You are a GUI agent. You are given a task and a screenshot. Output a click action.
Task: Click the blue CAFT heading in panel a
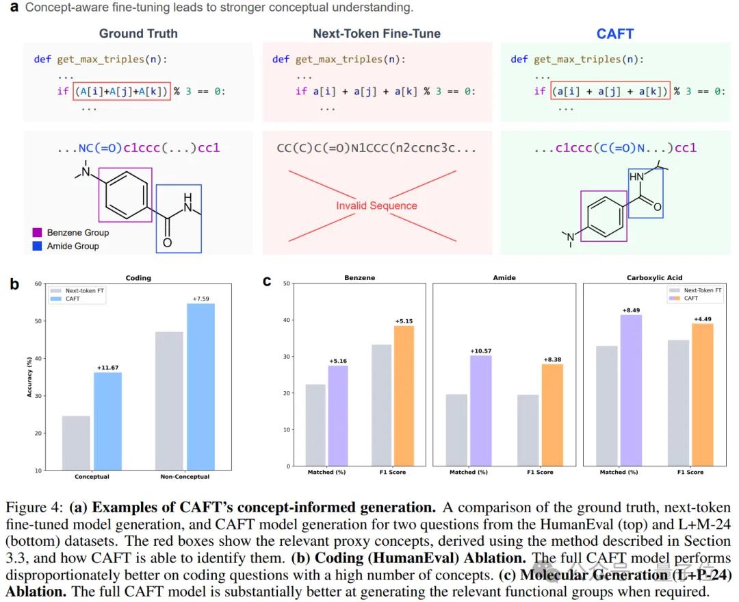coord(614,34)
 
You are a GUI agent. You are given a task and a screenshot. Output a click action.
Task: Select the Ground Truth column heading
coord(138,34)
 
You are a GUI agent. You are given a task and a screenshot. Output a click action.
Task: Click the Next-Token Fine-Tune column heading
coord(376,34)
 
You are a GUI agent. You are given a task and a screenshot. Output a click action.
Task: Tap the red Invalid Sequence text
coord(376,205)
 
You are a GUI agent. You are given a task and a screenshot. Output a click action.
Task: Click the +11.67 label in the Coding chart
coord(107,366)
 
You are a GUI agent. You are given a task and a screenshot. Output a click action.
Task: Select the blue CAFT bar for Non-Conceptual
coord(200,387)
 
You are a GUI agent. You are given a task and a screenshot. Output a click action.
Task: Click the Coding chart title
coord(138,278)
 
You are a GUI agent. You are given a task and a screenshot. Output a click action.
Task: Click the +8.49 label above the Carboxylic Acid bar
coord(630,310)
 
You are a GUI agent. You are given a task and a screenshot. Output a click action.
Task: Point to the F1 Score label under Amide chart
coord(540,473)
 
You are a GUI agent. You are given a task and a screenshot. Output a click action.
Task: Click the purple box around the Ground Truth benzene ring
coord(125,195)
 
